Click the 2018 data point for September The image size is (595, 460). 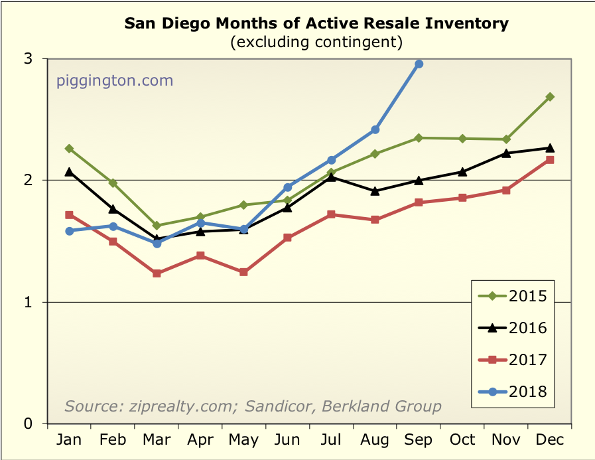click(419, 64)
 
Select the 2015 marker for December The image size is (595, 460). click(550, 97)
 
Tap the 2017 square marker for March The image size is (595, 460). click(157, 273)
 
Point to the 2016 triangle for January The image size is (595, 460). click(69, 171)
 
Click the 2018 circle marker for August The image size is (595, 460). click(375, 129)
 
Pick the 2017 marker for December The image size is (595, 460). click(550, 160)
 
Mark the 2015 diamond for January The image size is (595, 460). click(69, 149)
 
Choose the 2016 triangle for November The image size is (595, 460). click(506, 153)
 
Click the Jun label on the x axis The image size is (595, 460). click(287, 439)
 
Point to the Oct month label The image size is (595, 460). click(462, 439)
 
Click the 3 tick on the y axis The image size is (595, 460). click(29, 58)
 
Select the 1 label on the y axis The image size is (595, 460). click(29, 302)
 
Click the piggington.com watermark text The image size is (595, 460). click(115, 81)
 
